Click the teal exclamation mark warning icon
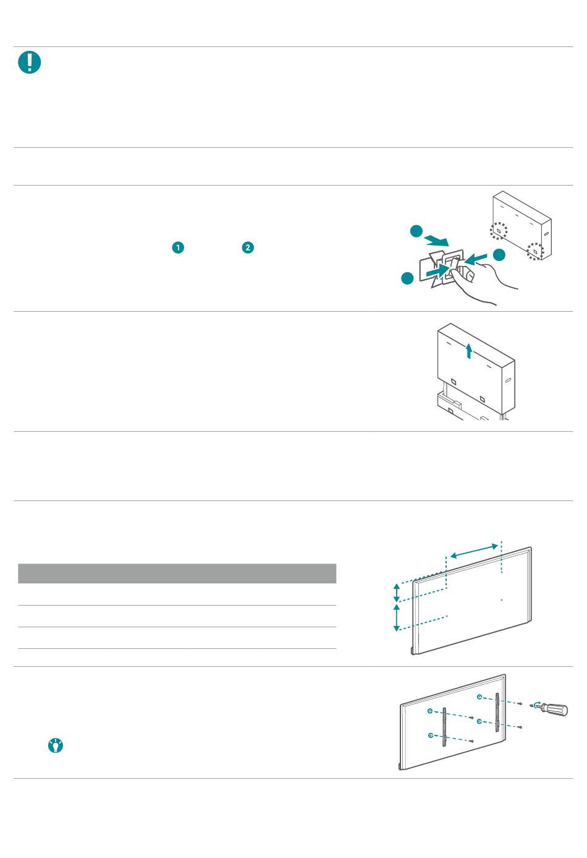tap(30, 62)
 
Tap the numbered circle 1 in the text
tap(178, 247)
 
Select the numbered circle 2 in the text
tap(248, 247)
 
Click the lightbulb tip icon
tap(56, 745)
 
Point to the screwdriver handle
tap(557, 710)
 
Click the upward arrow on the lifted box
tap(469, 351)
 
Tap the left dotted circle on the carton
tap(499, 231)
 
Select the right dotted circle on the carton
tap(535, 251)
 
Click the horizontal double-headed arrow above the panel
tap(474, 551)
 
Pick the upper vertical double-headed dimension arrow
tap(397, 592)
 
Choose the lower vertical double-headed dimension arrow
tap(397, 617)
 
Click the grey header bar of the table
tap(177, 573)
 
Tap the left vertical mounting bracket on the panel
tap(444, 727)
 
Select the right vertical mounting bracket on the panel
tap(497, 712)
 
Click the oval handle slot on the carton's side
tap(546, 233)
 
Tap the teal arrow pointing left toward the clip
tap(476, 259)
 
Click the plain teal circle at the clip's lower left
tap(407, 278)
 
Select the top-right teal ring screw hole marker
tap(479, 697)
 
